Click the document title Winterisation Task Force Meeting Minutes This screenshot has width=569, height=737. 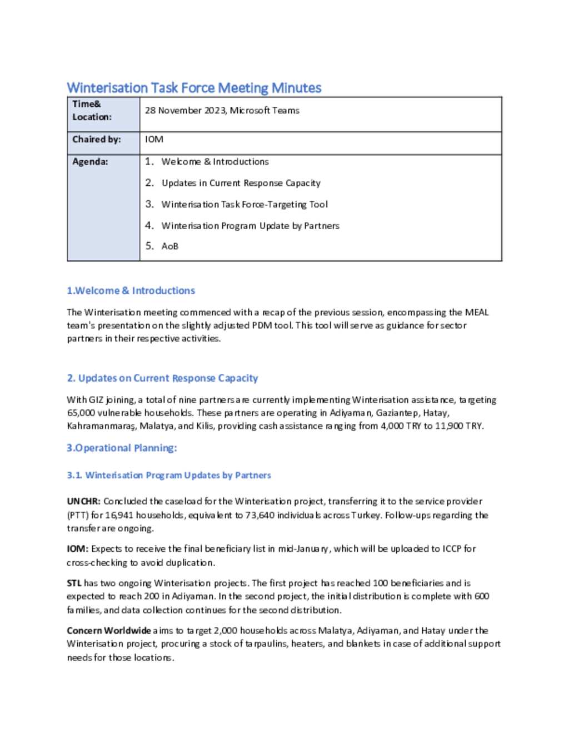[194, 88]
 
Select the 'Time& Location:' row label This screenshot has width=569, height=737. [92, 110]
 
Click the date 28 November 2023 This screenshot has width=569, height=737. [184, 110]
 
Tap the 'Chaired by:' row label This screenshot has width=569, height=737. [96, 139]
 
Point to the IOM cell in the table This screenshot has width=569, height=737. [154, 139]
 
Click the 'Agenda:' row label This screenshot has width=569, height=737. [90, 161]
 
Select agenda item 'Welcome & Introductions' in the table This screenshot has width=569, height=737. [214, 161]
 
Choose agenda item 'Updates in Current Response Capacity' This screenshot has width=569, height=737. [241, 183]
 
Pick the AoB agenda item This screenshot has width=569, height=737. [169, 246]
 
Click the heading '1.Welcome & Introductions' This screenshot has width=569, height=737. [131, 290]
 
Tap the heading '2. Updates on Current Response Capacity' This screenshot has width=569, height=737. [162, 378]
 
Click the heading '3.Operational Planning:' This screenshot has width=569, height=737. [122, 448]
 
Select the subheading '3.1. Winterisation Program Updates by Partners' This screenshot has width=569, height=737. [169, 475]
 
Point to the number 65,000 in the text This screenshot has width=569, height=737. [80, 413]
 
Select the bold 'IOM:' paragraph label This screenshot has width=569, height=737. [78, 548]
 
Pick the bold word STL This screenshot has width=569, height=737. [74, 583]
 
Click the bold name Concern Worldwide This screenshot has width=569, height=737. [108, 630]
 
